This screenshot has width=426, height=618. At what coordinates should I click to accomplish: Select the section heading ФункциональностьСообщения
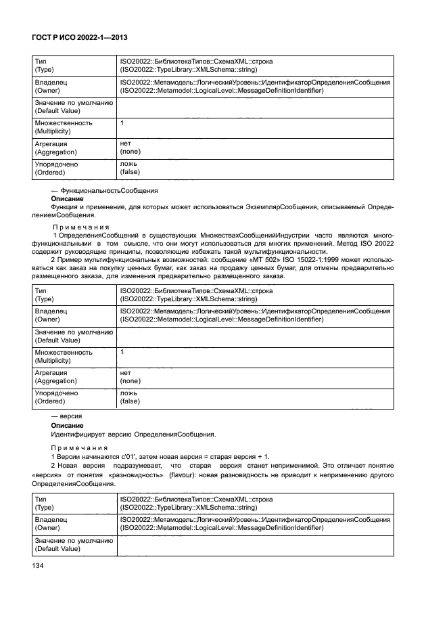109,191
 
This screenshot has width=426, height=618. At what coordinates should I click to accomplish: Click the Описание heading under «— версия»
68,425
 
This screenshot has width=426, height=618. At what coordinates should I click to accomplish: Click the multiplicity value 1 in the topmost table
122,123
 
